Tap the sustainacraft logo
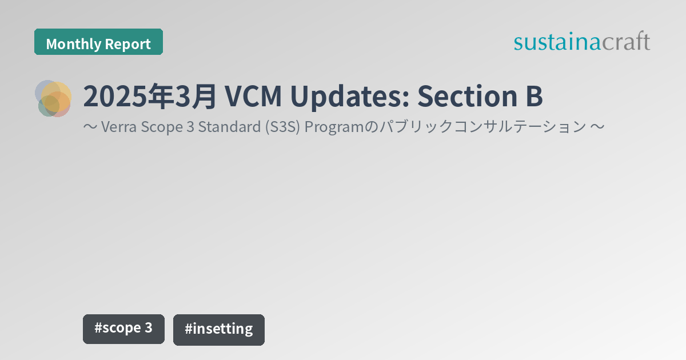point(581,42)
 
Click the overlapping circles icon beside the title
point(54,98)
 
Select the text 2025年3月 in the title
point(149,97)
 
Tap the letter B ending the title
point(533,97)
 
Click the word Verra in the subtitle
point(117,127)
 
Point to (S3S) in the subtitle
point(282,127)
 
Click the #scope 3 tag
point(123,329)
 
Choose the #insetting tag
point(219,329)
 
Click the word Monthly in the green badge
point(70,44)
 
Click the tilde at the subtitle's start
point(90,127)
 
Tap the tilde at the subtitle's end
point(596,127)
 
